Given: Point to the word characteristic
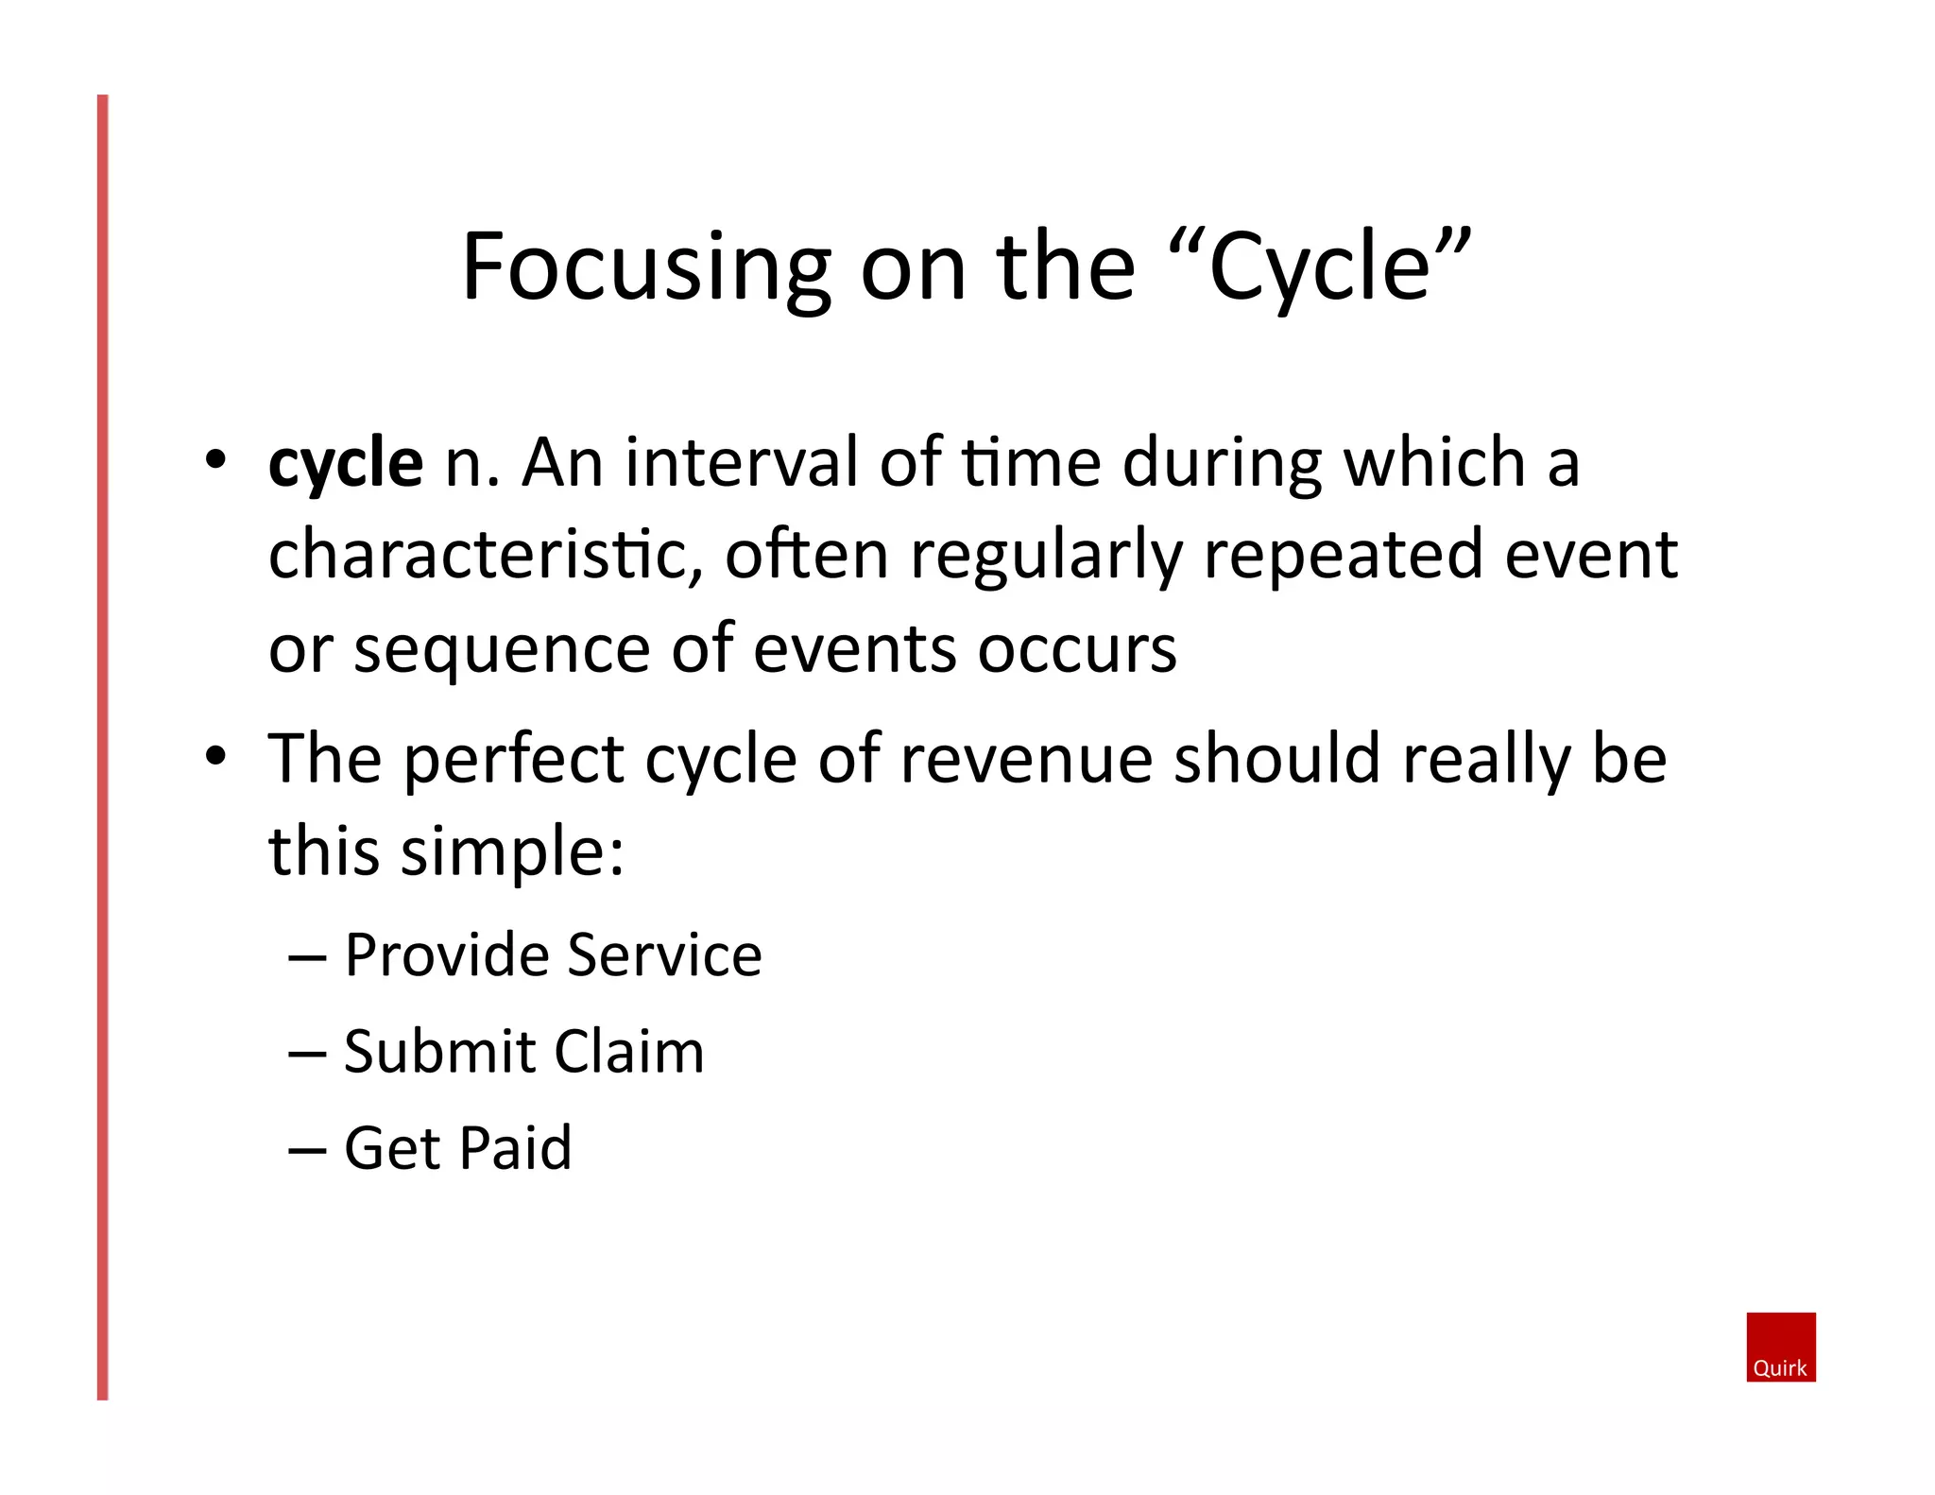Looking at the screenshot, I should [484, 555].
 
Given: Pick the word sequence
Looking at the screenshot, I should [501, 650].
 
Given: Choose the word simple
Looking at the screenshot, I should [511, 851].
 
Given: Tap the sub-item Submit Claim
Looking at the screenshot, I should [523, 1051].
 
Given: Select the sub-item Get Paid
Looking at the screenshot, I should [457, 1148].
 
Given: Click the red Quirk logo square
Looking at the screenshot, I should [1780, 1346].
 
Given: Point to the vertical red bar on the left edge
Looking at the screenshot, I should [103, 747].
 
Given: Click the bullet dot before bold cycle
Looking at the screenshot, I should [216, 460].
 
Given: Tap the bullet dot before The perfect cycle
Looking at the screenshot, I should [216, 755].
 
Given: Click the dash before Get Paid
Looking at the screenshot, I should [307, 1151].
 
